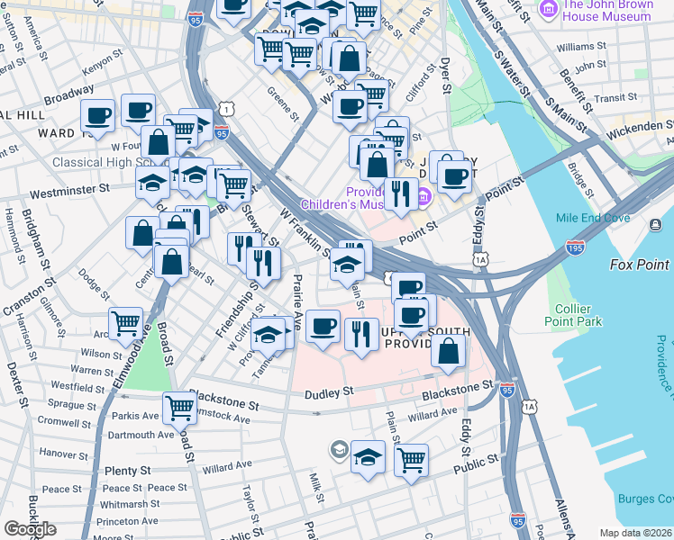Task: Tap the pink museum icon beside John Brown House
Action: pos(547,9)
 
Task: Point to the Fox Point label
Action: pos(640,265)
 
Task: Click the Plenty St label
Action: pos(127,471)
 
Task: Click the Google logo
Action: pos(30,529)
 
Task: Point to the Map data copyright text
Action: pos(636,533)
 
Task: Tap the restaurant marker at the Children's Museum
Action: pos(400,193)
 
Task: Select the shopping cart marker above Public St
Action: pos(411,460)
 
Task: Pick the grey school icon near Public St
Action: pos(340,447)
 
